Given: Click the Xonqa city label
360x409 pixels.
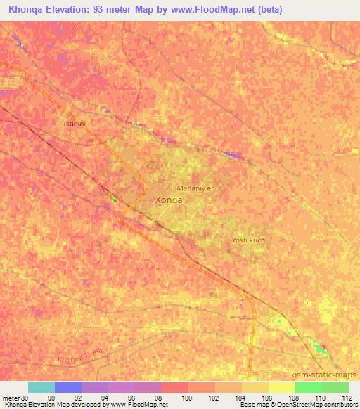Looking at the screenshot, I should pos(168,200).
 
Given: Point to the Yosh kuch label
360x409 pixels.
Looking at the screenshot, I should pos(248,240).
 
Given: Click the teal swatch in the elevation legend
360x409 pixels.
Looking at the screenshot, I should pos(41,387).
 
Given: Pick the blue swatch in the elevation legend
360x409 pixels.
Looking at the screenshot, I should pos(68,387).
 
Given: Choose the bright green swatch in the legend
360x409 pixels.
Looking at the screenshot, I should pos(308,387).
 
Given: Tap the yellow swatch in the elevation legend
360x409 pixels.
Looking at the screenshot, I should pos(281,387).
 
